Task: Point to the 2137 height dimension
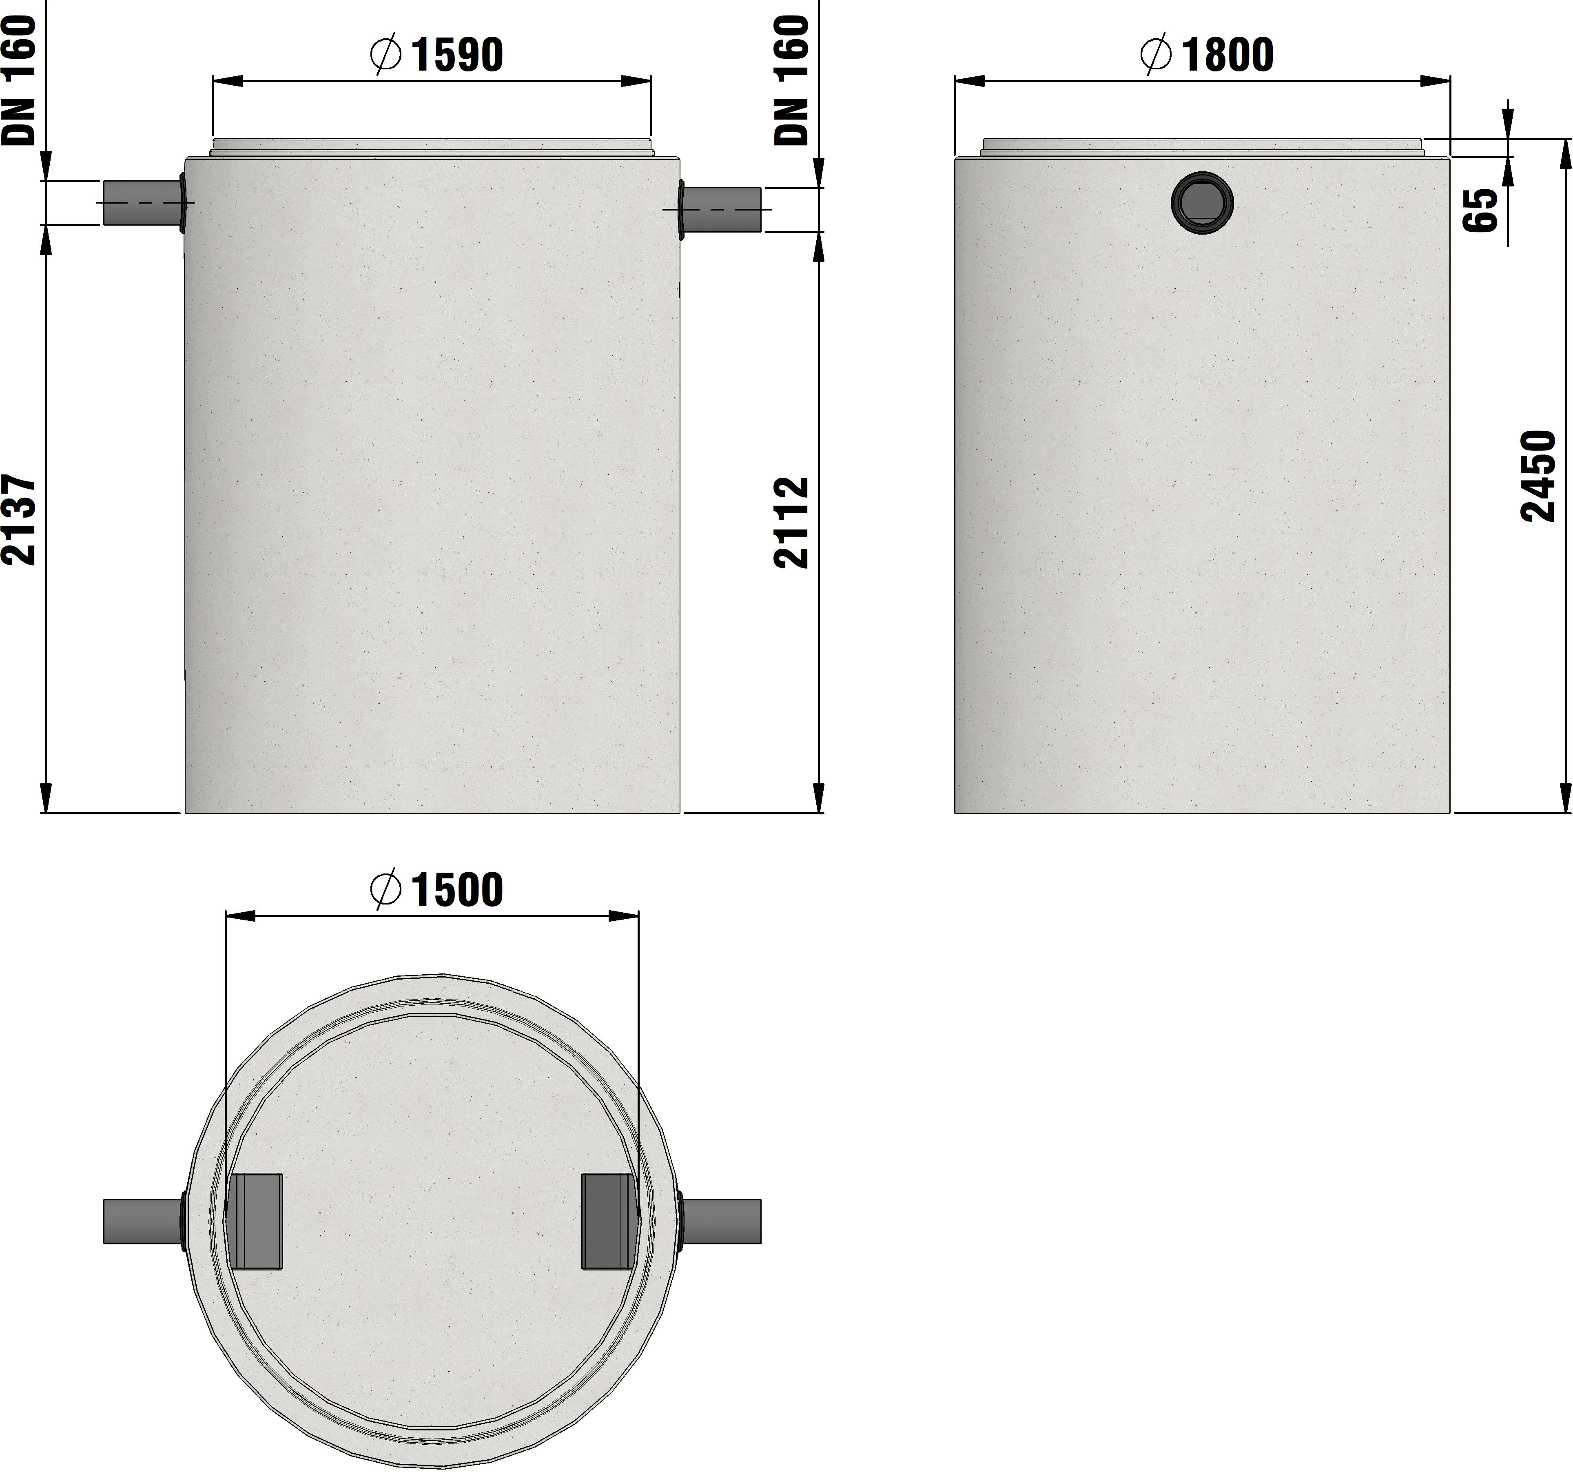pyautogui.click(x=19, y=519)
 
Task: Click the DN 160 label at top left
pyautogui.click(x=19, y=80)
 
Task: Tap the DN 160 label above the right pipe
pyautogui.click(x=791, y=80)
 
